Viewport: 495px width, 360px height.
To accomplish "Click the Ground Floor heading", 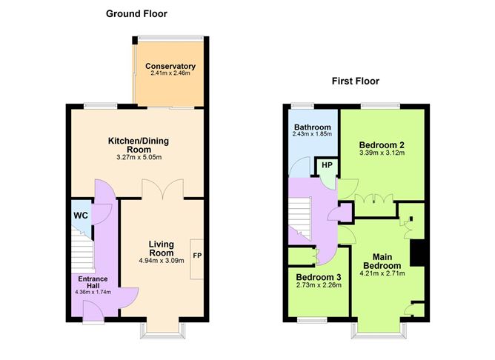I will pyautogui.click(x=136, y=13).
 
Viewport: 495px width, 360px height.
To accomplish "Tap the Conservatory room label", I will pyautogui.click(x=170, y=66).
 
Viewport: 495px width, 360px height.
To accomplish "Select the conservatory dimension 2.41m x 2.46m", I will pyautogui.click(x=170, y=74).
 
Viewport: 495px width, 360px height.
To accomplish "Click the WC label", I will pyautogui.click(x=80, y=216).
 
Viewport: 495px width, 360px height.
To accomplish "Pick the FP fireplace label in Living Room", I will pyautogui.click(x=197, y=256).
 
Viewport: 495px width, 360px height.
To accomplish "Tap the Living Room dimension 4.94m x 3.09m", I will pyautogui.click(x=161, y=260).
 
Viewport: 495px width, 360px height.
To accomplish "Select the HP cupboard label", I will pyautogui.click(x=325, y=166).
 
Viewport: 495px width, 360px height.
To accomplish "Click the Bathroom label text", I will pyautogui.click(x=311, y=127).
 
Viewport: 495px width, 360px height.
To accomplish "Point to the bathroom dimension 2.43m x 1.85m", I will pyautogui.click(x=311, y=136).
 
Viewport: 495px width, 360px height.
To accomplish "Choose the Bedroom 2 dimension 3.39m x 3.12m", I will pyautogui.click(x=382, y=153).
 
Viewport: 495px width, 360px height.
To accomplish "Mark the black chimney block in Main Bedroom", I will pyautogui.click(x=418, y=253).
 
